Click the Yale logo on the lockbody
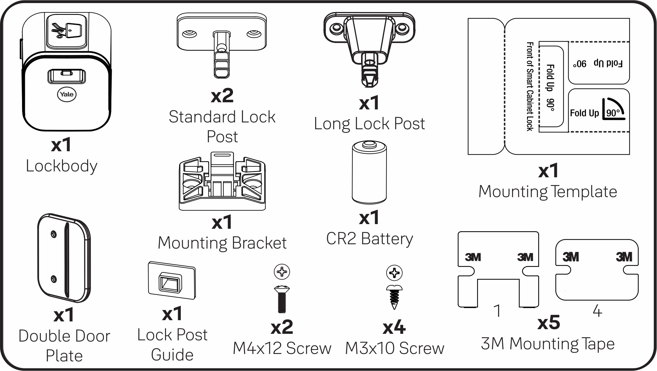click(67, 94)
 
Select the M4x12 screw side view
click(282, 299)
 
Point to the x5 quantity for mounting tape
click(548, 323)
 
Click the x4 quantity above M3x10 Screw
click(394, 327)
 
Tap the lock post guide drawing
click(172, 280)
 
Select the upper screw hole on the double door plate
click(54, 234)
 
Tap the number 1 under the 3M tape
click(497, 311)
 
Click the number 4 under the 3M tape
click(597, 311)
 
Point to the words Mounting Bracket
click(222, 243)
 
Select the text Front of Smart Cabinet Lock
click(530, 86)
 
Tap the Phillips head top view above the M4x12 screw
click(282, 272)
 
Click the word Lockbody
click(61, 166)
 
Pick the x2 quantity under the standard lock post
click(222, 96)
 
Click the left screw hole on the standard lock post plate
click(189, 33)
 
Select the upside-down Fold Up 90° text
click(597, 64)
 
